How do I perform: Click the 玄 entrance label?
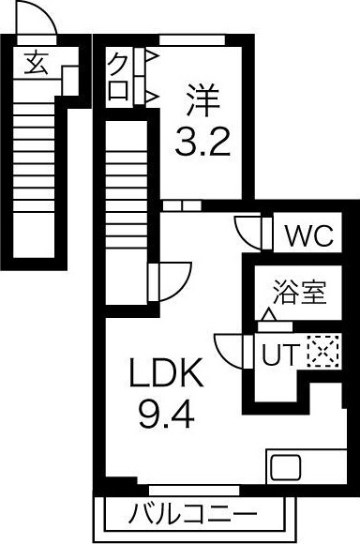point(36,63)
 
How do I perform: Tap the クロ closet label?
point(118,77)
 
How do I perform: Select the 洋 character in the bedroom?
point(203,100)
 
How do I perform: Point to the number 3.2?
point(202,142)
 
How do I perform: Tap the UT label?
point(280,354)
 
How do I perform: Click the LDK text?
point(166,373)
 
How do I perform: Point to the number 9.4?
point(167,414)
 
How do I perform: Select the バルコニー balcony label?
point(192,513)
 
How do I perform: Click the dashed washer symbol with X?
point(322,352)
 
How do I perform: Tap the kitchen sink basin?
point(286,467)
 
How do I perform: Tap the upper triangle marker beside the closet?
point(152,55)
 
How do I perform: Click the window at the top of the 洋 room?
point(192,39)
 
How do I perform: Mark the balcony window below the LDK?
point(194,491)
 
